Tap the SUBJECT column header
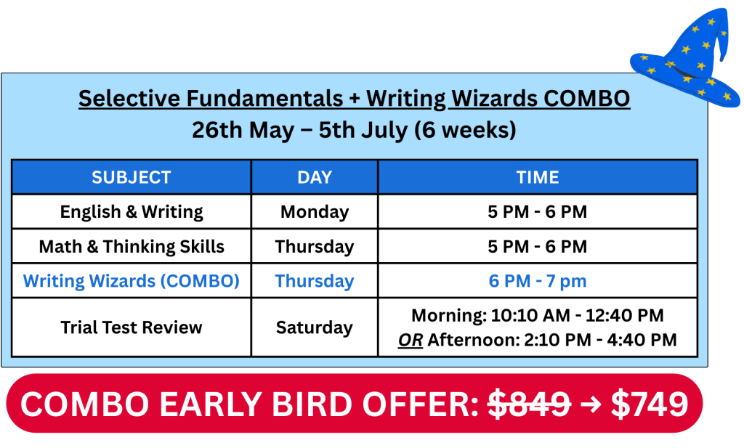click(131, 177)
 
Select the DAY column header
click(314, 177)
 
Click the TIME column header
click(537, 177)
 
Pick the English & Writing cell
click(131, 212)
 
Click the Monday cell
click(314, 212)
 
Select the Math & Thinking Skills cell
click(131, 247)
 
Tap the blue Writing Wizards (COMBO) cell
click(131, 281)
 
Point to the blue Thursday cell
click(314, 281)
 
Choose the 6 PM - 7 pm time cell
click(537, 281)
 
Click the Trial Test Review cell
click(131, 327)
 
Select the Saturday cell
click(314, 327)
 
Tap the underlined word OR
click(411, 340)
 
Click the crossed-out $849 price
click(529, 404)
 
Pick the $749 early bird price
click(650, 404)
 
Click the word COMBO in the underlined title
click(586, 99)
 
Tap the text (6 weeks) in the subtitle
click(465, 130)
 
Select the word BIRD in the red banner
click(313, 404)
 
